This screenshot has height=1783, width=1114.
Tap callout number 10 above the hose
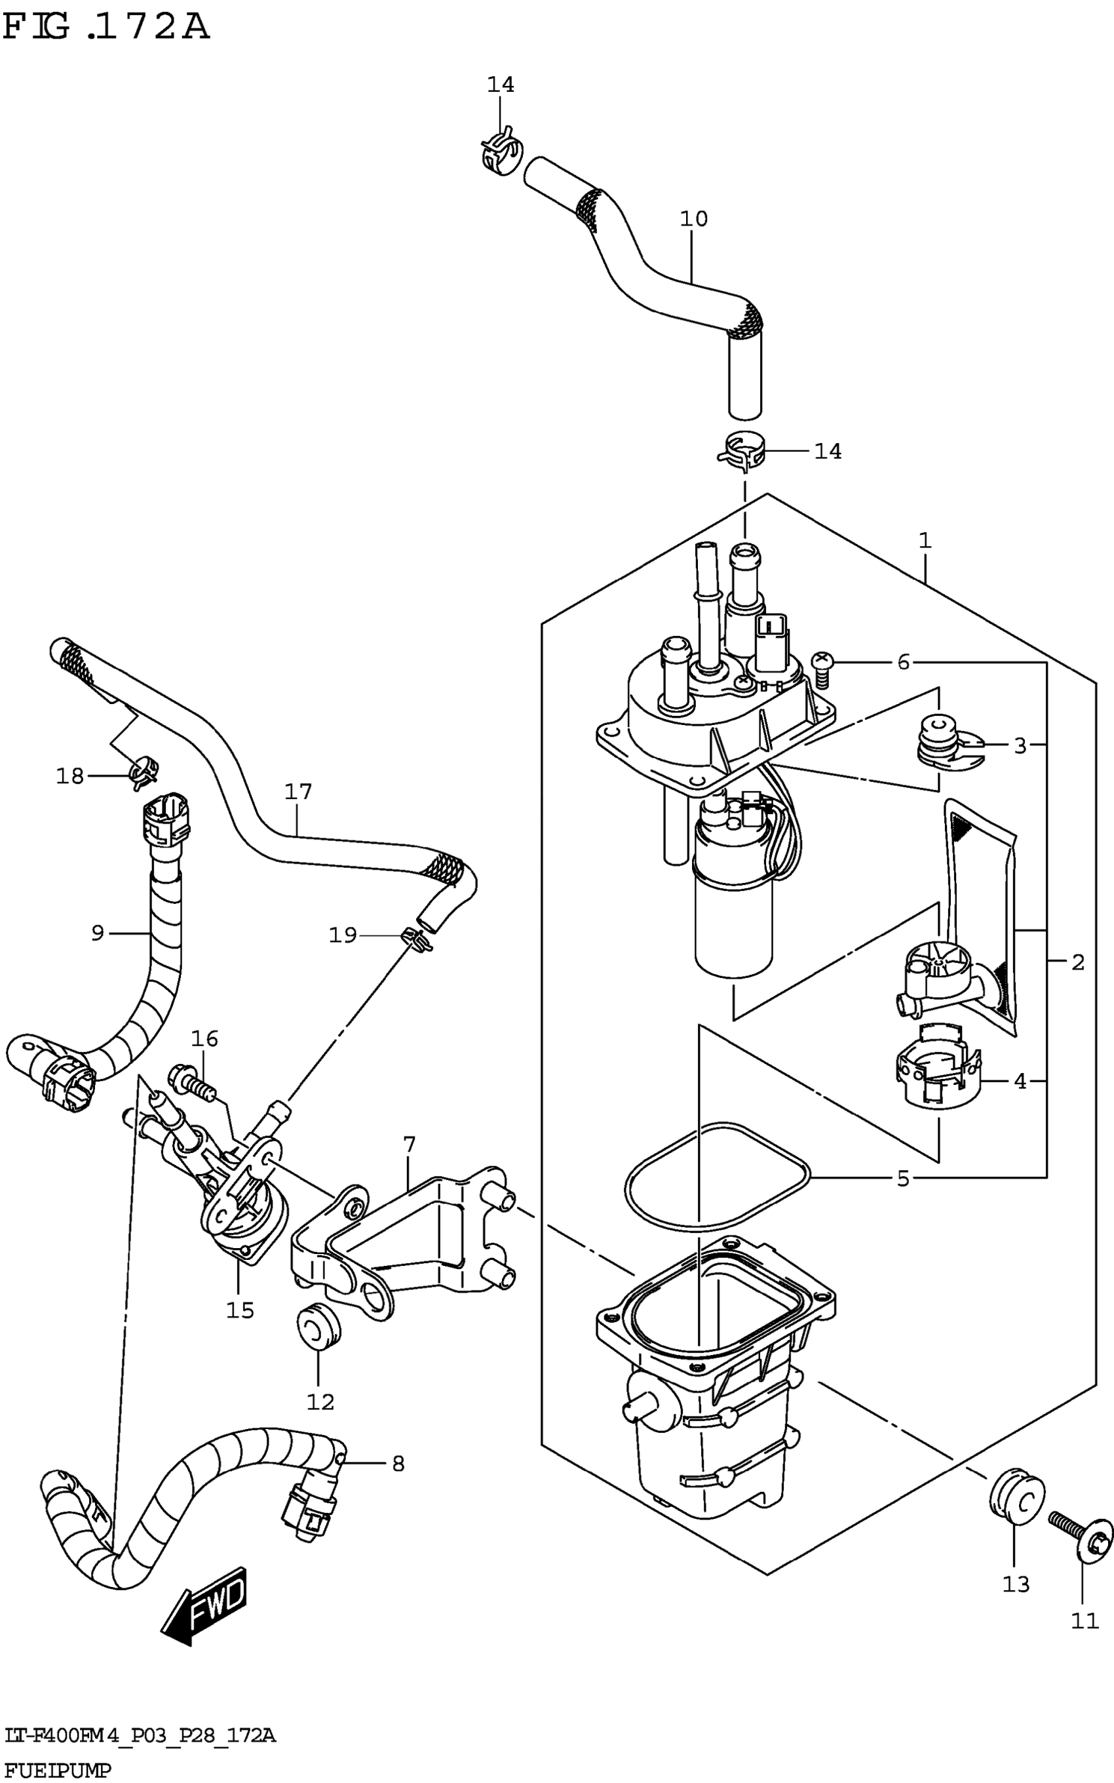pyautogui.click(x=693, y=219)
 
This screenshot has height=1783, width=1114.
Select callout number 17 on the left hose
pyautogui.click(x=298, y=792)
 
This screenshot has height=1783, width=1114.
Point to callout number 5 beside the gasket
pyautogui.click(x=903, y=1179)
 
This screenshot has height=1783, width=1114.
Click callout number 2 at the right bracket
pyautogui.click(x=1078, y=962)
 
